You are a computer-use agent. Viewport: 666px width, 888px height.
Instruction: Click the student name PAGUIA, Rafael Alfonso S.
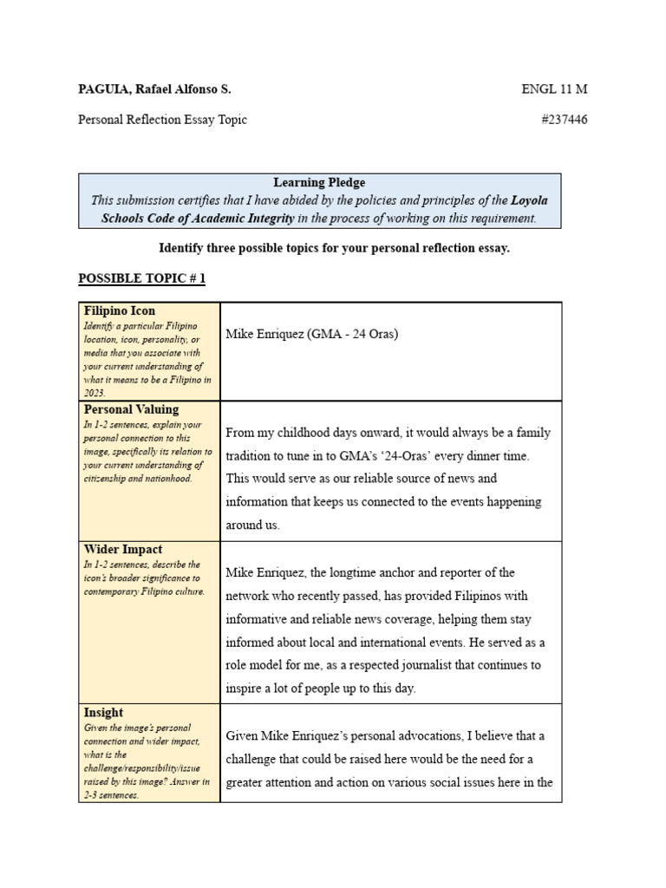[x=154, y=89]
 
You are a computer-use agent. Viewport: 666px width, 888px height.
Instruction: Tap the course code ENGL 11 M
[x=554, y=89]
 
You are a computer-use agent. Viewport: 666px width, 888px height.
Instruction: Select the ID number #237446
[x=564, y=120]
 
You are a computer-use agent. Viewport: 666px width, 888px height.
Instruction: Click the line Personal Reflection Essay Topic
[x=162, y=120]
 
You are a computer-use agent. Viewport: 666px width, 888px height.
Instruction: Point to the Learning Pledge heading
[x=319, y=182]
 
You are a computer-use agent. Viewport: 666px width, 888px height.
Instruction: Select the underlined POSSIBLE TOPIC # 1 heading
[x=142, y=278]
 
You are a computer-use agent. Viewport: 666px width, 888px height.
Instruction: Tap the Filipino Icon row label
[x=120, y=310]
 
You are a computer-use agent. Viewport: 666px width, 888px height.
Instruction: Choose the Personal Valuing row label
[x=131, y=409]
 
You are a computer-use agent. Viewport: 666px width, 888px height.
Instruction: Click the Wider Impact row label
[x=123, y=549]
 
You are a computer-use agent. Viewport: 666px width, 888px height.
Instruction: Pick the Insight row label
[x=103, y=712]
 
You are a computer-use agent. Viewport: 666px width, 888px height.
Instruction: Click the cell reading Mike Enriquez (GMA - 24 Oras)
[x=311, y=334]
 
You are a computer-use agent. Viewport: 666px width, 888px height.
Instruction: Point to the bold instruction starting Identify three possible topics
[x=334, y=248]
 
